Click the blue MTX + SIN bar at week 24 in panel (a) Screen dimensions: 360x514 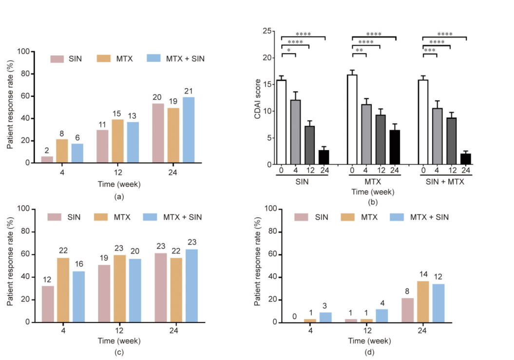click(x=188, y=130)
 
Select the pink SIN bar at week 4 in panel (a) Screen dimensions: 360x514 click(x=47, y=159)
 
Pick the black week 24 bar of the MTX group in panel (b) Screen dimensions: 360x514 click(x=395, y=147)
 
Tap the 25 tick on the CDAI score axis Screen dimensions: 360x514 click(x=267, y=31)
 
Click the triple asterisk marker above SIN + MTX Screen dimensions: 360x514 click(x=430, y=50)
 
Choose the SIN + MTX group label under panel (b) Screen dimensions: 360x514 click(x=444, y=181)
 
